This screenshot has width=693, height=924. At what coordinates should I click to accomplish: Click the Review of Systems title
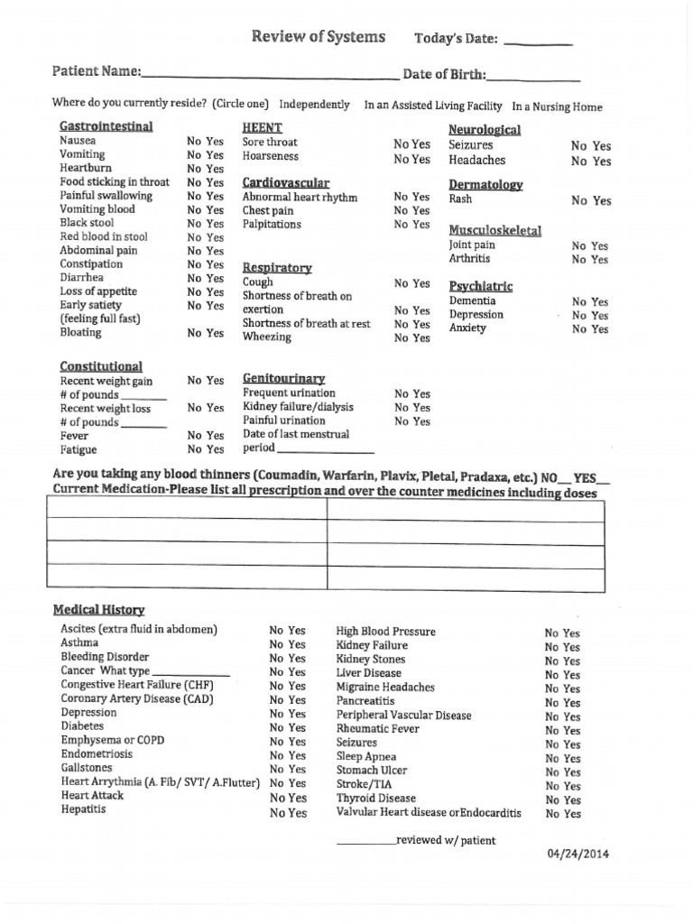click(x=318, y=37)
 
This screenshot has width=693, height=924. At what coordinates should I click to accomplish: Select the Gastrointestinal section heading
click(x=106, y=126)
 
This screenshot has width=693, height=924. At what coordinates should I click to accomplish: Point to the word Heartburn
click(x=85, y=168)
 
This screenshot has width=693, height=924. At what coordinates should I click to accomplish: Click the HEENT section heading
click(x=262, y=127)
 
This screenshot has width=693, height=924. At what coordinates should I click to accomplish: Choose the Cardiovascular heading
click(x=285, y=183)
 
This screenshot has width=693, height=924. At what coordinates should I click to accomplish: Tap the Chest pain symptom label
click(x=269, y=210)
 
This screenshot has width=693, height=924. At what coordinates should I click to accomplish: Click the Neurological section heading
click(x=484, y=130)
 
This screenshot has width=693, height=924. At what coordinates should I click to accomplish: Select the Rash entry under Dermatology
click(x=460, y=199)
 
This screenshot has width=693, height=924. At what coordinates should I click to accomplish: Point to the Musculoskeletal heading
click(x=494, y=230)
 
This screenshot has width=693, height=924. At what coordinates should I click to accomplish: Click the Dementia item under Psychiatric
click(x=472, y=300)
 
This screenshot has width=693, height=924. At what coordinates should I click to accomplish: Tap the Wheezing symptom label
click(x=266, y=337)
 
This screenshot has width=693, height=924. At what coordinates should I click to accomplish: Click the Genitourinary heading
click(x=283, y=379)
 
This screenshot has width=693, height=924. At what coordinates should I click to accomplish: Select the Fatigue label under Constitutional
click(x=79, y=449)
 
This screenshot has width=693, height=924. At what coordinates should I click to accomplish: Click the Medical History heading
click(x=98, y=610)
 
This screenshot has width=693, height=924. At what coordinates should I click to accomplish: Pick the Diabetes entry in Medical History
click(x=82, y=726)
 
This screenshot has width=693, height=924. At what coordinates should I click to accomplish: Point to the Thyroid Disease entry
click(x=375, y=799)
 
